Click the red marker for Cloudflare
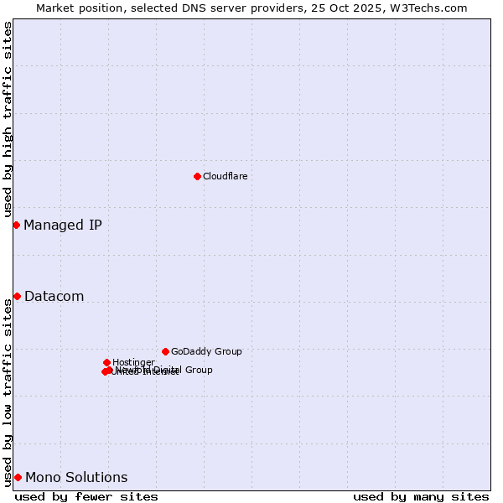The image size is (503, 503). (197, 176)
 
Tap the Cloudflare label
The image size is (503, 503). (225, 177)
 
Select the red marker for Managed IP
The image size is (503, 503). (16, 225)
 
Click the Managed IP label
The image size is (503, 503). (63, 225)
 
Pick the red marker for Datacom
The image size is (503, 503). (17, 296)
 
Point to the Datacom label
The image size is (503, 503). (54, 296)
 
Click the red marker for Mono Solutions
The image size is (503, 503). (18, 477)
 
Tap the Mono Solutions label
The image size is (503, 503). (76, 478)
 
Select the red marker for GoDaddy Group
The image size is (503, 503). (165, 351)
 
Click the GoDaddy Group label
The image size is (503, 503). (206, 352)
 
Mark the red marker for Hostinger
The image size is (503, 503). (106, 362)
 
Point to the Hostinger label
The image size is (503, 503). (133, 363)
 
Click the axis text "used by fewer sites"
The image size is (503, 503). (86, 496)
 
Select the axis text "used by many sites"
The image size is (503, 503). (421, 496)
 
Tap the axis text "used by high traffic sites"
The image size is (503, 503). (8, 119)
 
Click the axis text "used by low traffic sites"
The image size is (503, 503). (8, 392)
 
